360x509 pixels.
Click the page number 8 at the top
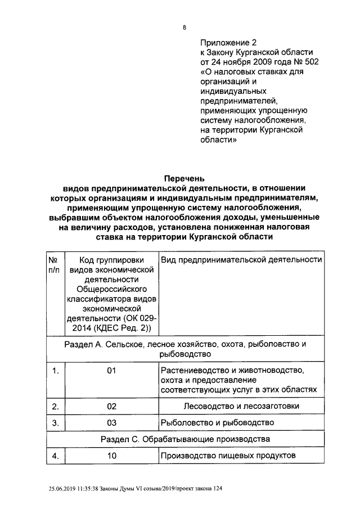coord(184,27)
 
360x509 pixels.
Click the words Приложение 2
coord(228,42)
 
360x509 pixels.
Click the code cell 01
coord(111,371)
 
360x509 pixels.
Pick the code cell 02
coord(111,406)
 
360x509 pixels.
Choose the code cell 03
coord(111,422)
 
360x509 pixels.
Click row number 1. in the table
coord(55,371)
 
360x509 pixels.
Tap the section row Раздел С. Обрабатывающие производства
coord(186,439)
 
